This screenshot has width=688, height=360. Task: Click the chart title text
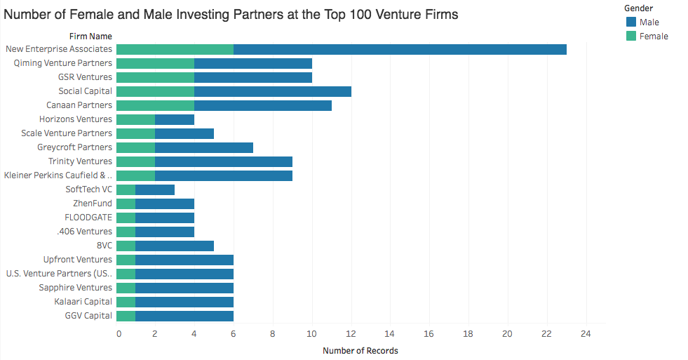231,14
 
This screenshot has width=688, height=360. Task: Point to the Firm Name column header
90,36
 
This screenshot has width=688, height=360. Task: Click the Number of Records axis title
360,350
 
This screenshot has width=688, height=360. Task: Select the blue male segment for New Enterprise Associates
400,49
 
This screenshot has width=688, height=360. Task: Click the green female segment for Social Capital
155,91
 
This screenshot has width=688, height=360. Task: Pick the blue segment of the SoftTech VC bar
155,189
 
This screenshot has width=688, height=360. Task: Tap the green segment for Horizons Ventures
135,119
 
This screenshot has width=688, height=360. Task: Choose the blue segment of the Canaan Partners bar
263,105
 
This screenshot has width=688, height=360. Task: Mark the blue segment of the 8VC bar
175,246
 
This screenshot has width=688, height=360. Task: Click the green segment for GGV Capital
126,316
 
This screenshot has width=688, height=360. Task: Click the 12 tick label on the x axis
351,333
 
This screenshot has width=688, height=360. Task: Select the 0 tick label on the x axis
119,333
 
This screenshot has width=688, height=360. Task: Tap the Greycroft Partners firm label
74,147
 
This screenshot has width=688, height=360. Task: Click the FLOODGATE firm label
88,218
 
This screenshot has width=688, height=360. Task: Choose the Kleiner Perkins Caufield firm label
58,175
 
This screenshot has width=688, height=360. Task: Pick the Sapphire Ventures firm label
75,288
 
